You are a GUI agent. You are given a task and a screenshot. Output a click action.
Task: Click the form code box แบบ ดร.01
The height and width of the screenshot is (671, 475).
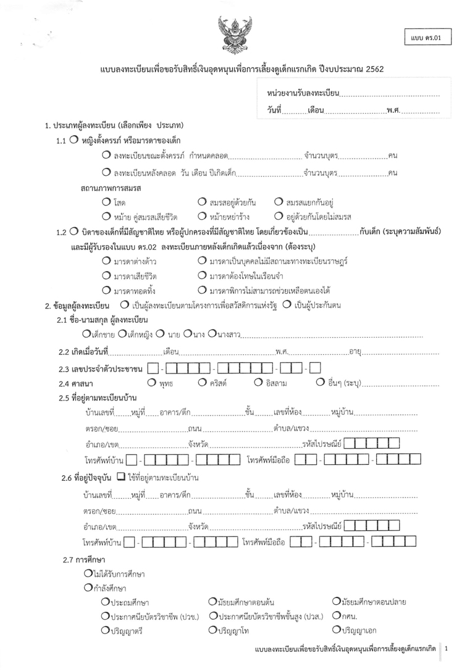[427, 38]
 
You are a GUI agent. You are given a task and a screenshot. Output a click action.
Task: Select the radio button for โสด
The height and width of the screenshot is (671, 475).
[106, 202]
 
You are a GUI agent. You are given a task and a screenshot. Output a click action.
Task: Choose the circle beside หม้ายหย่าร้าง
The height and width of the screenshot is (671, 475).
[202, 216]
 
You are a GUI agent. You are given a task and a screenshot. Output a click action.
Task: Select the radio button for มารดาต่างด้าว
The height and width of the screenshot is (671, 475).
[106, 261]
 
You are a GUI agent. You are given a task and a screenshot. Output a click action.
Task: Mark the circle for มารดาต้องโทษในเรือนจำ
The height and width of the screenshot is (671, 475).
[202, 275]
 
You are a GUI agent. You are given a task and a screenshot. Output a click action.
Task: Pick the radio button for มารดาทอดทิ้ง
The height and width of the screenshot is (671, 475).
[106, 290]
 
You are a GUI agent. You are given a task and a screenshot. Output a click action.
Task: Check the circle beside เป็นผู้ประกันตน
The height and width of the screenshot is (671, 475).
[287, 304]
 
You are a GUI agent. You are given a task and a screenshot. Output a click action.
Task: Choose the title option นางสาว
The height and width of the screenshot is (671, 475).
[212, 335]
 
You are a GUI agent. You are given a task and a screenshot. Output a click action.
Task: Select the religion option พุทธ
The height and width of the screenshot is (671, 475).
[151, 383]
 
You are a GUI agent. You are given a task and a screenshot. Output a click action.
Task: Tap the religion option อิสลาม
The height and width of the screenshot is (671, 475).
[258, 383]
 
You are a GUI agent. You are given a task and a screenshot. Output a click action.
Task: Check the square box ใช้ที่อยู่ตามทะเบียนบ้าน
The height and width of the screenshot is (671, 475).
[120, 477]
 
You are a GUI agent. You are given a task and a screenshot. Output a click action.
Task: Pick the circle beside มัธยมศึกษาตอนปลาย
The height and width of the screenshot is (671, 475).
[336, 601]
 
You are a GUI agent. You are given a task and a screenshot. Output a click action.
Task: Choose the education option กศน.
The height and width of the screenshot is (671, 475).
[336, 615]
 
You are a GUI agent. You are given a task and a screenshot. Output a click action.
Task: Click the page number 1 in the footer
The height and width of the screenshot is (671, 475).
[446, 649]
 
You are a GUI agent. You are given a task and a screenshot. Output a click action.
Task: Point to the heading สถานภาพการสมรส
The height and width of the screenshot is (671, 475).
[110, 187]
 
